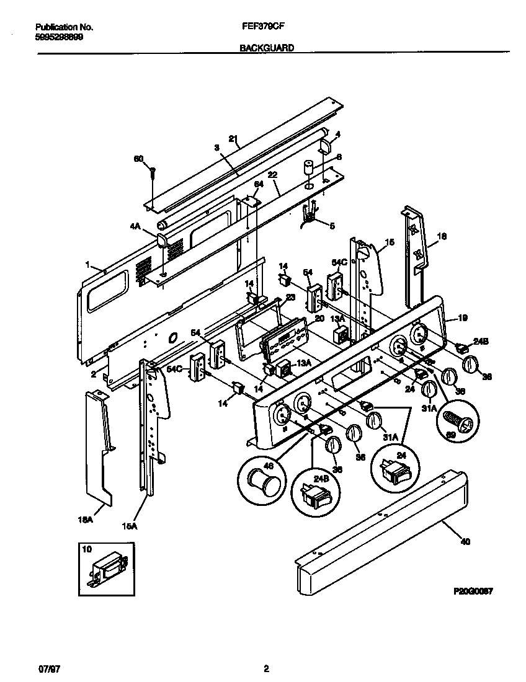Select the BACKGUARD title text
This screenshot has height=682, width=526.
tap(266, 47)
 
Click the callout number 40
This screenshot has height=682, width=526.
tap(465, 541)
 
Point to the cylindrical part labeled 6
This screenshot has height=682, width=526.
tap(308, 169)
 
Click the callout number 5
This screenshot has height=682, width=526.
tap(331, 226)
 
